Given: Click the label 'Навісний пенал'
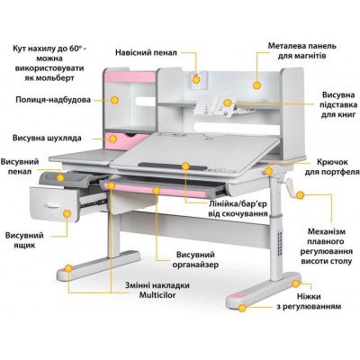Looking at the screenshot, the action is [146, 52].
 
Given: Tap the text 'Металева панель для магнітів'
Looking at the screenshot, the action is [301, 51].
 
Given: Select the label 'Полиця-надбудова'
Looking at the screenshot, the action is [53, 100].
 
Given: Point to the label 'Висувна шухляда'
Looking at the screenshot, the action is [47, 139].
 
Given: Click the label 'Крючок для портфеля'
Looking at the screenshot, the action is [332, 166].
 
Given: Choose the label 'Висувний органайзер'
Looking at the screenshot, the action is [195, 260].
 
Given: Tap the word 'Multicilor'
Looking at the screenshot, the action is [157, 295].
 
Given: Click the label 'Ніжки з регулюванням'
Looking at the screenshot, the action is [309, 301].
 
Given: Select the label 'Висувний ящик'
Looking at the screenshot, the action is [24, 240].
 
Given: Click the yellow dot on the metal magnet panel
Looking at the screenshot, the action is [256, 85].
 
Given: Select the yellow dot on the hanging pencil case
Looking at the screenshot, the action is [196, 80].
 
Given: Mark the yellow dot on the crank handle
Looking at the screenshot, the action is [300, 195].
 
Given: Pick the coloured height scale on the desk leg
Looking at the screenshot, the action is [280, 242].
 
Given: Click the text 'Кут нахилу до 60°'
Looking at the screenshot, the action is [49, 49].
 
